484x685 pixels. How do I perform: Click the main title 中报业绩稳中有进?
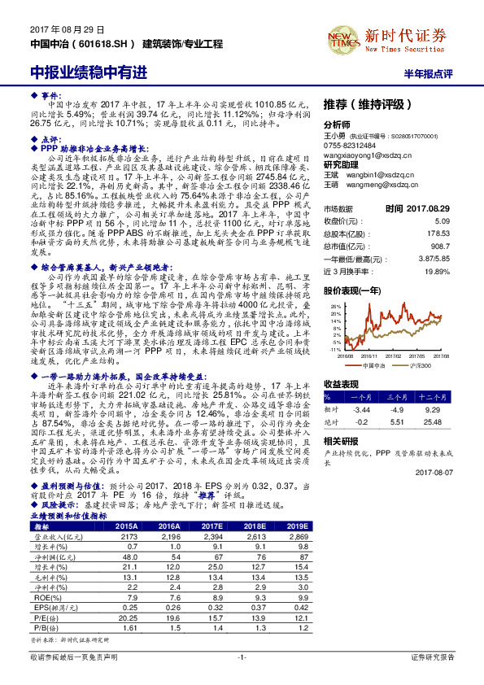[89, 72]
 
